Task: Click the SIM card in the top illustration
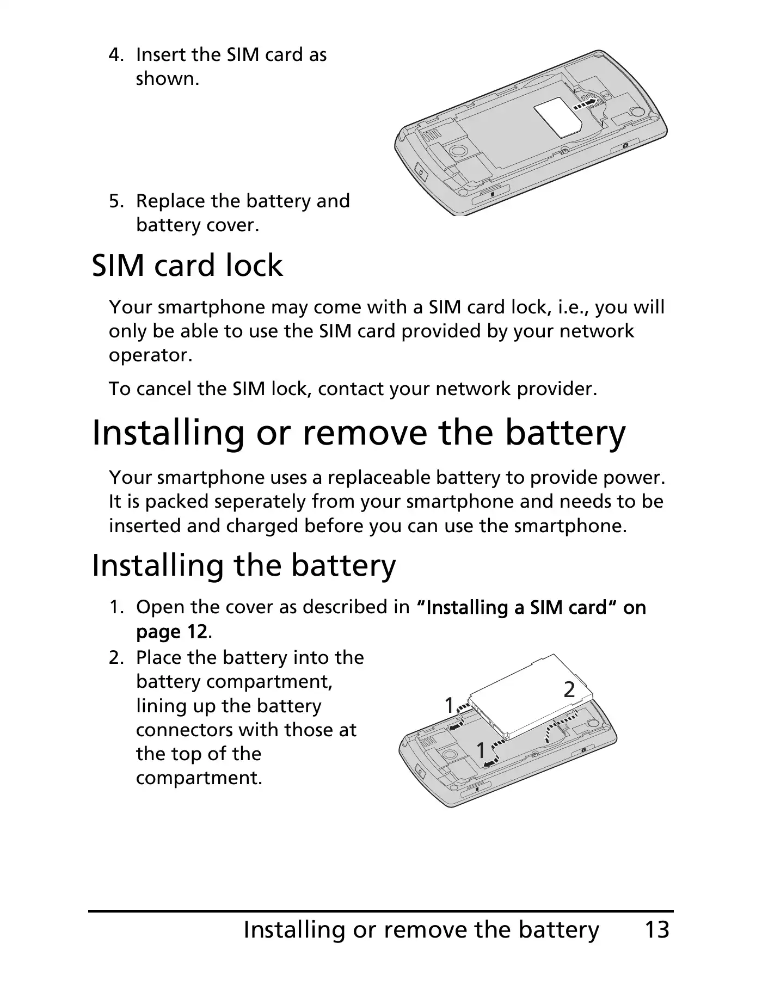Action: (560, 119)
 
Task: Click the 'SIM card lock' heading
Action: (187, 266)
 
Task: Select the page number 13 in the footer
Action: (657, 929)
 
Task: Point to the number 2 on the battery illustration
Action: (569, 690)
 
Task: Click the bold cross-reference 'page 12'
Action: (171, 632)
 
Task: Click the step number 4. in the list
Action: (117, 55)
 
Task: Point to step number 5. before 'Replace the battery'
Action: (117, 201)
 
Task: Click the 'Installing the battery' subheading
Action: (244, 566)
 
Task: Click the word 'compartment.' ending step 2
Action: (199, 779)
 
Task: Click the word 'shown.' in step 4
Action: (168, 79)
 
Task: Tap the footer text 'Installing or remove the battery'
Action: (421, 930)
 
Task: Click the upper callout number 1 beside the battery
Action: (449, 706)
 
